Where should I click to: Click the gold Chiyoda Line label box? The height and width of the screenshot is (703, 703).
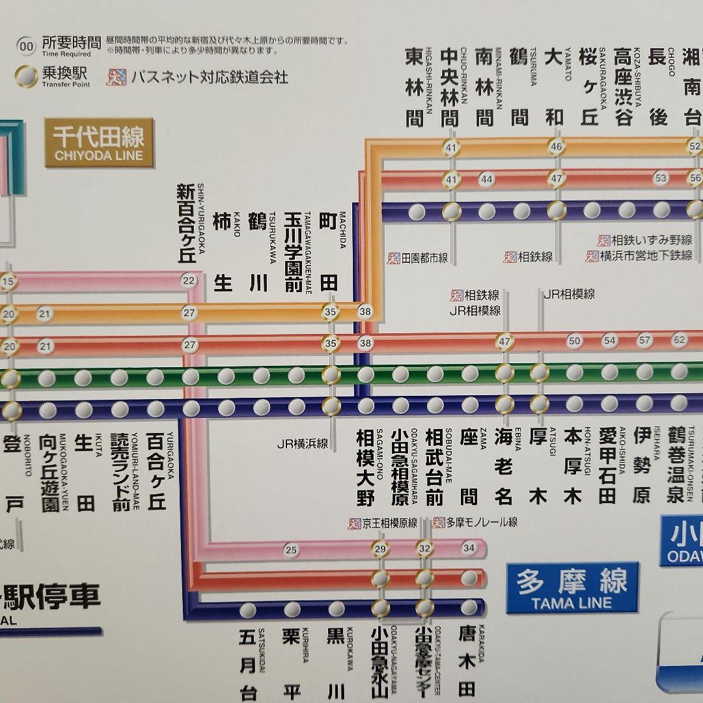[x=98, y=143]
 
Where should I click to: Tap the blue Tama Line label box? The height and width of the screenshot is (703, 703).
[x=572, y=588]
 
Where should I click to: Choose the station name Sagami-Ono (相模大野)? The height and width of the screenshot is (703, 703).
[x=366, y=467]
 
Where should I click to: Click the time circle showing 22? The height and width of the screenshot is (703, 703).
[x=189, y=281]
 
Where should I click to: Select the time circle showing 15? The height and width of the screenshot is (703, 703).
[x=8, y=282]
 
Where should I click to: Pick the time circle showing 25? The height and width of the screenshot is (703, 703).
[x=291, y=550]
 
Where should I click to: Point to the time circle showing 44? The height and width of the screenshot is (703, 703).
[x=486, y=179]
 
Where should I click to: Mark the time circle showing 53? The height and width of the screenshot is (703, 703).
[x=661, y=178]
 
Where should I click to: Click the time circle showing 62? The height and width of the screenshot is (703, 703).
[x=680, y=340]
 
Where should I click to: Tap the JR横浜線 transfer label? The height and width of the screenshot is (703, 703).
[x=302, y=445]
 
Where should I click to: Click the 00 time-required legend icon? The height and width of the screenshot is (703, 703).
[x=26, y=46]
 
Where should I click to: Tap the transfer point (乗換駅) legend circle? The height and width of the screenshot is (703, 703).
[x=26, y=76]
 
